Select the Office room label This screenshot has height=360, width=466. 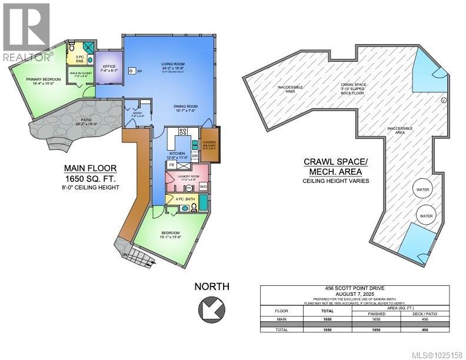pos(109,69)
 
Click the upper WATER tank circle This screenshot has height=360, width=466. pos(422,190)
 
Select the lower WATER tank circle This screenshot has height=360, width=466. pos(425,215)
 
